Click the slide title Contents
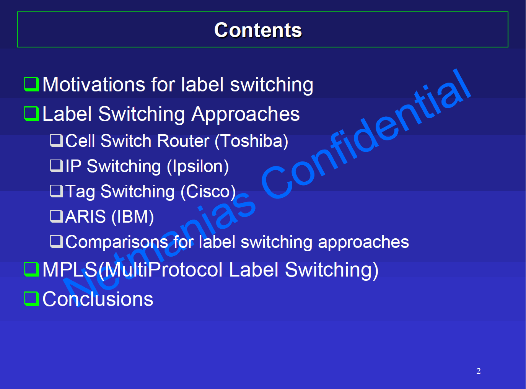258,30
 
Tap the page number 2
478,371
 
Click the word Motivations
94,85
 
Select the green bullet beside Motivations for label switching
31,84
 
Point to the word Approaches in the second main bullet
246,115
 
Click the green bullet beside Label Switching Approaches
31,114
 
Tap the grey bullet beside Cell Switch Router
57,141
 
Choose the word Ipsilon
198,167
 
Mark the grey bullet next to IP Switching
57,166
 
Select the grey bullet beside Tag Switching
57,191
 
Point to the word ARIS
85,216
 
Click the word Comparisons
117,242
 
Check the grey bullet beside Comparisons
57,241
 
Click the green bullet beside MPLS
31,269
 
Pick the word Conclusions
98,299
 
